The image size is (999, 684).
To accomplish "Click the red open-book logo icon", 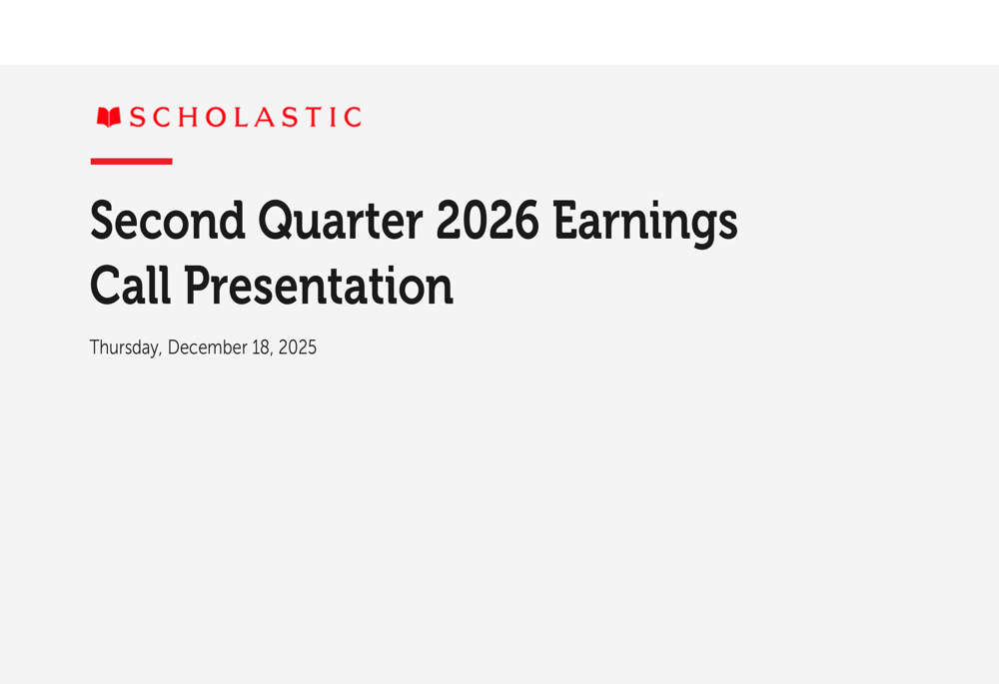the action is tap(109, 117).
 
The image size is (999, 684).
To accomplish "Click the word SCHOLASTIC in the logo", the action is tap(246, 117).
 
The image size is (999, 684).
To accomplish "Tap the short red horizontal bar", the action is tap(131, 161).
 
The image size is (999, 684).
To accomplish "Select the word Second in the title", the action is tap(168, 221).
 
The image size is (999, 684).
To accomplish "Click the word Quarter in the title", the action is tap(341, 222).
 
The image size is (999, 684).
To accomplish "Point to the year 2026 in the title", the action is tap(489, 221).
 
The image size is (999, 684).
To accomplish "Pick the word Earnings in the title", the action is tap(645, 224).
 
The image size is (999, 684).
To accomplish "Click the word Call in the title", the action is tap(131, 286).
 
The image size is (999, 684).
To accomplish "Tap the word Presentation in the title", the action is tap(319, 286).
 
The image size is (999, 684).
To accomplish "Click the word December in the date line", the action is tap(207, 347).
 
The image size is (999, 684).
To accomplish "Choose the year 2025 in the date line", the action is tap(298, 347).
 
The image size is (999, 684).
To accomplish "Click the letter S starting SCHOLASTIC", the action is tap(137, 117).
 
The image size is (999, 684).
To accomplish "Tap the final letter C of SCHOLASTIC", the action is tap(353, 117).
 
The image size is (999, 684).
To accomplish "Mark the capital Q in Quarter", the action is tap(279, 222).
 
